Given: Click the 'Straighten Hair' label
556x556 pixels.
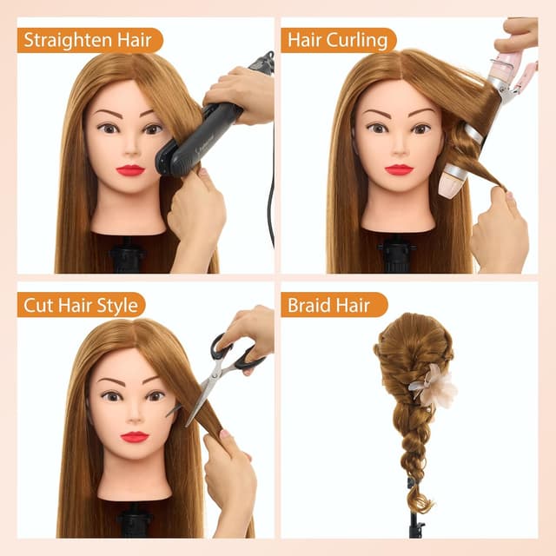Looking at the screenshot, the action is point(88,40).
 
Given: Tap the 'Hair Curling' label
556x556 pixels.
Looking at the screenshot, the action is point(337,40).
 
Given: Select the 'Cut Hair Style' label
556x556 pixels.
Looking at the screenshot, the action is point(81,305).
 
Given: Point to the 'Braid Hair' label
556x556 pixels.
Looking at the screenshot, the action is point(328,305).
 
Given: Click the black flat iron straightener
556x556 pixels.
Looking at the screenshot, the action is point(199,138).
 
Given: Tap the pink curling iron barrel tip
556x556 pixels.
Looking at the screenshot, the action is point(450,180).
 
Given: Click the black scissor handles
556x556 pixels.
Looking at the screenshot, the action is point(237,350).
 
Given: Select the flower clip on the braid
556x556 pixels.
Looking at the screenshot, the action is point(434,385).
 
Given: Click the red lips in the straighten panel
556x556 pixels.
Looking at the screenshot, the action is point(130,170).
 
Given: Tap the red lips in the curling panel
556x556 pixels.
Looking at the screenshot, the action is point(399,169).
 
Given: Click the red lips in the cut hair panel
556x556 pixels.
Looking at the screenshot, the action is point(134,437).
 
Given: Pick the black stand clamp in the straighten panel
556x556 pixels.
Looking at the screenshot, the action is point(127,254).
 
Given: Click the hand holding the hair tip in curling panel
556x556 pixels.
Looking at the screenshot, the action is point(500,230).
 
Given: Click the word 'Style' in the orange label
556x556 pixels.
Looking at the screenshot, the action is point(119,306).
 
